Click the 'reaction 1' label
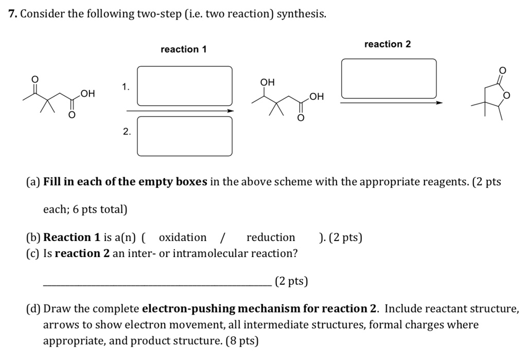pyautogui.click(x=183, y=49)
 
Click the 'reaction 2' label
pyautogui.click(x=388, y=44)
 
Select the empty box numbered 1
pyautogui.click(x=185, y=86)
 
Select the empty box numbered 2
pyautogui.click(x=185, y=136)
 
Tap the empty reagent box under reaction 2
pyautogui.click(x=389, y=79)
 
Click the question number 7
pyautogui.click(x=12, y=14)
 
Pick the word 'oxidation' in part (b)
pyautogui.click(x=183, y=237)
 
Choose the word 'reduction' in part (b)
pyautogui.click(x=271, y=237)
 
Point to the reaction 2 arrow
pyautogui.click(x=391, y=103)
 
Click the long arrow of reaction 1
pyautogui.click(x=180, y=110)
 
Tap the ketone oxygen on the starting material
pyautogui.click(x=35, y=79)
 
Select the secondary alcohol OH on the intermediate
pyautogui.click(x=268, y=82)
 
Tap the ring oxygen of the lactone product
pyautogui.click(x=507, y=96)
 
